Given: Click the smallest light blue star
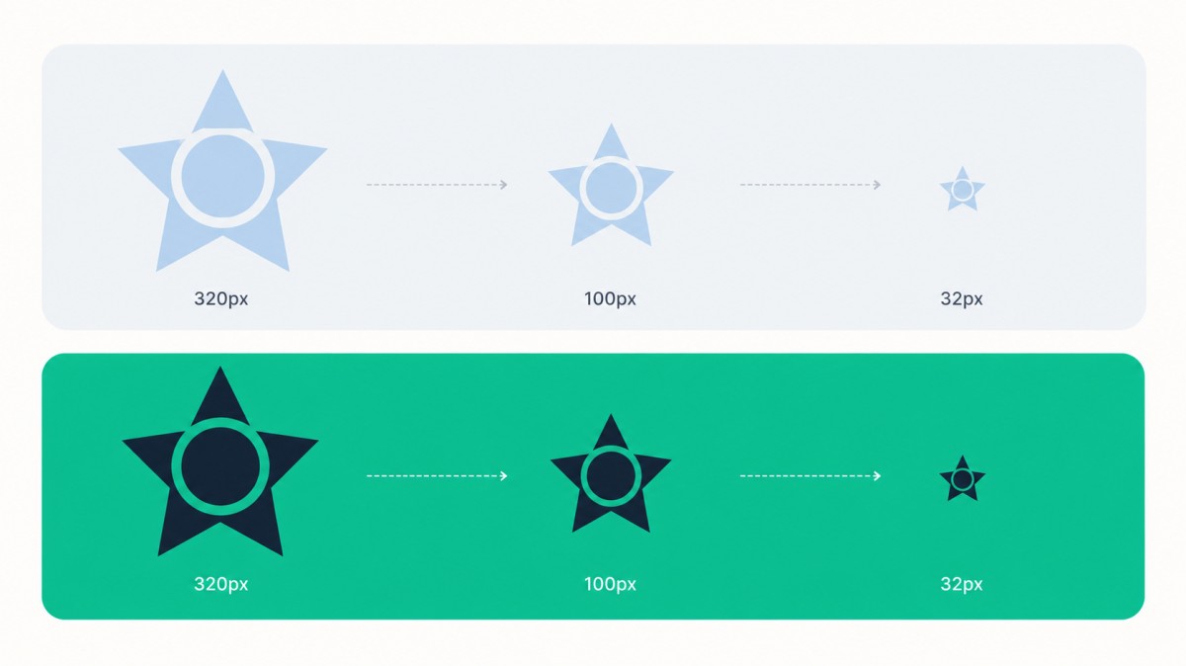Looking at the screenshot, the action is click(962, 190).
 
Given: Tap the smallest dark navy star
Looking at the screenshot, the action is click(962, 479).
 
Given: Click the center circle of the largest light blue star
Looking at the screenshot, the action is click(222, 176).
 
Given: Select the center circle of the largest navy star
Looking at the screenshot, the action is click(220, 466).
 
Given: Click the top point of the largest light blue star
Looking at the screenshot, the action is click(222, 70).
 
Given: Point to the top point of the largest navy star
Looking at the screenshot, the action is click(220, 367).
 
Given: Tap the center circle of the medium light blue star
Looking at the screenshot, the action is click(611, 188).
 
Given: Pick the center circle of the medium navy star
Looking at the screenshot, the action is click(611, 476).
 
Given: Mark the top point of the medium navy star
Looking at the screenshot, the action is click(611, 414).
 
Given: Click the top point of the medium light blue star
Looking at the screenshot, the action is click(611, 124).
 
